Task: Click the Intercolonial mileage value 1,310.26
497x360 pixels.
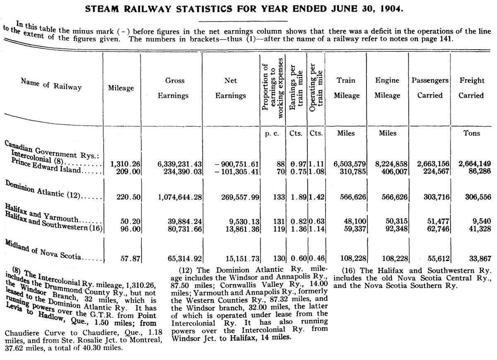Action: pos(125,164)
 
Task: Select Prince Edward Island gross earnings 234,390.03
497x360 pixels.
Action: pos(183,172)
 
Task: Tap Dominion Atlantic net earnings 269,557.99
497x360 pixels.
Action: pos(240,197)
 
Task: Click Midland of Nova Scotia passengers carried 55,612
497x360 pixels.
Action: pos(439,259)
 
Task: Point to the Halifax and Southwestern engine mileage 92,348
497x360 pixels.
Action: pos(396,228)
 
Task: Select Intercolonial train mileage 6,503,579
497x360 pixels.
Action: pos(350,164)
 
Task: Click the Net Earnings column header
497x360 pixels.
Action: pos(231,88)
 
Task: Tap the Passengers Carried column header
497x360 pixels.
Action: pos(430,88)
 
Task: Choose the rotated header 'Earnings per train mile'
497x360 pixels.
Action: pos(296,87)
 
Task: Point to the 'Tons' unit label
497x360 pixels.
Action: pos(471,133)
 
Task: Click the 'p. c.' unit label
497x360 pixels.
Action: pos(272,133)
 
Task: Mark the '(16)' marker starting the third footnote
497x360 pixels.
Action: pos(350,271)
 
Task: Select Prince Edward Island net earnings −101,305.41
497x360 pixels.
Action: pos(237,172)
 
